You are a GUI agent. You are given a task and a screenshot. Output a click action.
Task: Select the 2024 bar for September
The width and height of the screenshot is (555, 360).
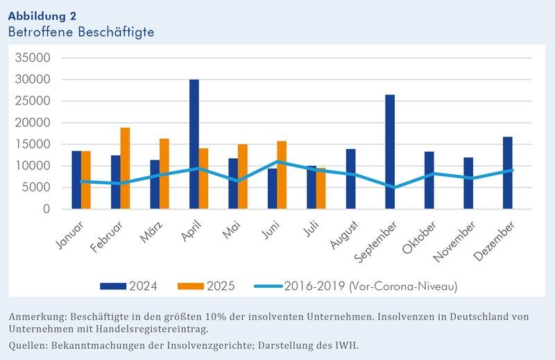pyautogui.click(x=391, y=152)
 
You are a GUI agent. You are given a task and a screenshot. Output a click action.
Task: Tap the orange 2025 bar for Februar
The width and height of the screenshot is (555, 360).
pyautogui.click(x=125, y=169)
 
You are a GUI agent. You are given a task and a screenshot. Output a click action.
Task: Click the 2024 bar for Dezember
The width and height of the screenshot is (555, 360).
pyautogui.click(x=509, y=173)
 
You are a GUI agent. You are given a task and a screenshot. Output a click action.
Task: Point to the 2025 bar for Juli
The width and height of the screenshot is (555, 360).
pyautogui.click(x=321, y=188)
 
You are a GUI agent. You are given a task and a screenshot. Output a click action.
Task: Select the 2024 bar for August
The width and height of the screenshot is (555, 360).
pyautogui.click(x=352, y=179)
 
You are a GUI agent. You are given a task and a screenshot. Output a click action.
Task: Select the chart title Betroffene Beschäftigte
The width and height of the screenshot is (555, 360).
pyautogui.click(x=81, y=32)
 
